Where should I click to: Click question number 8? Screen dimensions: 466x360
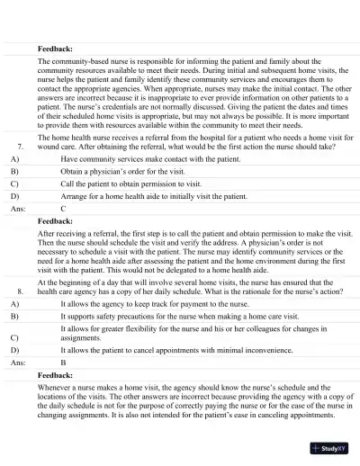click(20, 292)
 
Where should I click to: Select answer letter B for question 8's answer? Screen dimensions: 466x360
click(63, 386)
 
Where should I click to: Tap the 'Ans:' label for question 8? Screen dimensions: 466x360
click(18, 386)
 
